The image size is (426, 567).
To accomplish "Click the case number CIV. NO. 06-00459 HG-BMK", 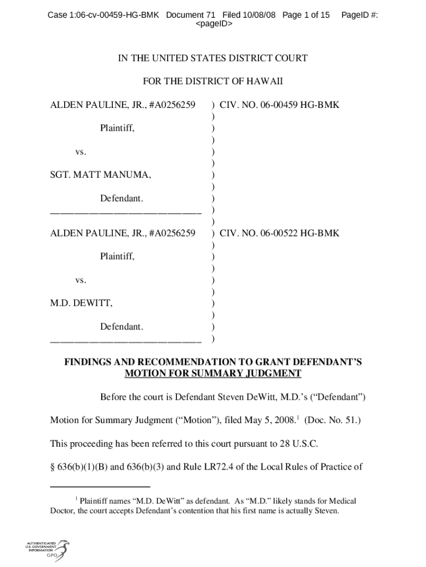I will point(279,105).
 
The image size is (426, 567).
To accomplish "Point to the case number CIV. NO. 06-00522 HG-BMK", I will point(279,233).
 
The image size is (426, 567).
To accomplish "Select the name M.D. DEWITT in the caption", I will point(81,303).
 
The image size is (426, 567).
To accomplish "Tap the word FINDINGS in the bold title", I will point(90,362).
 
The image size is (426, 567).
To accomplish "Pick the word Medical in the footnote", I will point(342,501).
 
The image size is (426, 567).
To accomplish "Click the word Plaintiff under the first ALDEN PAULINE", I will point(117,128).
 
